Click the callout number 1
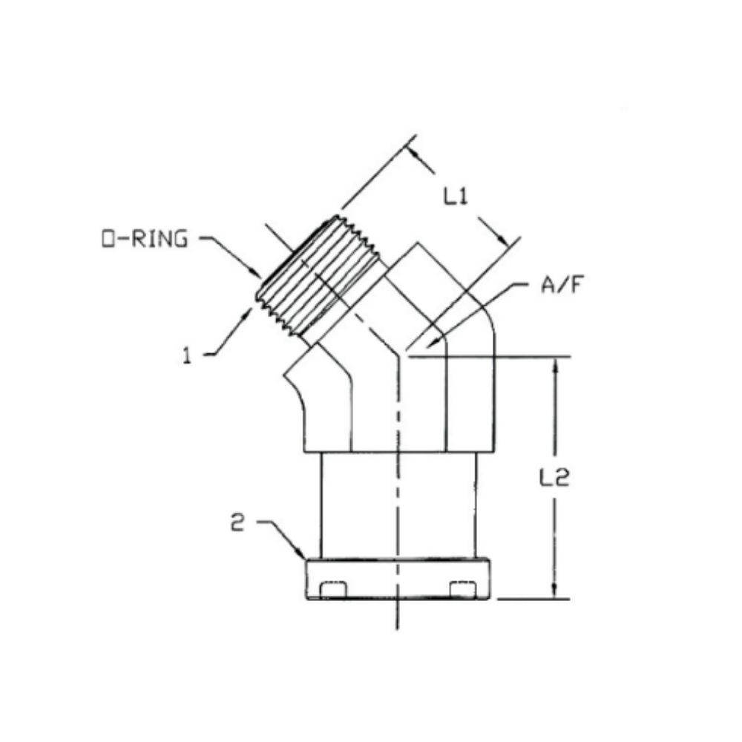(x=189, y=355)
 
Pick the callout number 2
(x=237, y=523)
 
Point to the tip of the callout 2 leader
(x=305, y=558)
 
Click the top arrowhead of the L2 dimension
(x=554, y=363)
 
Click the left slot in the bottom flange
(x=332, y=589)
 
